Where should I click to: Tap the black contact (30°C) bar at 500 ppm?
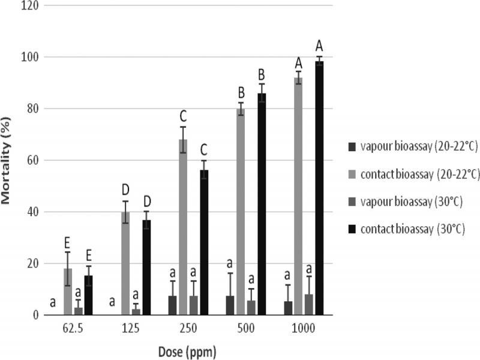[x=262, y=204]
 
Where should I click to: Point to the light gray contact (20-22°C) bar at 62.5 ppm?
[x=68, y=292]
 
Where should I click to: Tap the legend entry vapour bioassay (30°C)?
[x=409, y=201]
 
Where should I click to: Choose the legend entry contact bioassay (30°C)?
[x=409, y=229]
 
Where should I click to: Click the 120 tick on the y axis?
[x=31, y=6]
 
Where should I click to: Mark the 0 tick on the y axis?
[x=36, y=315]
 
